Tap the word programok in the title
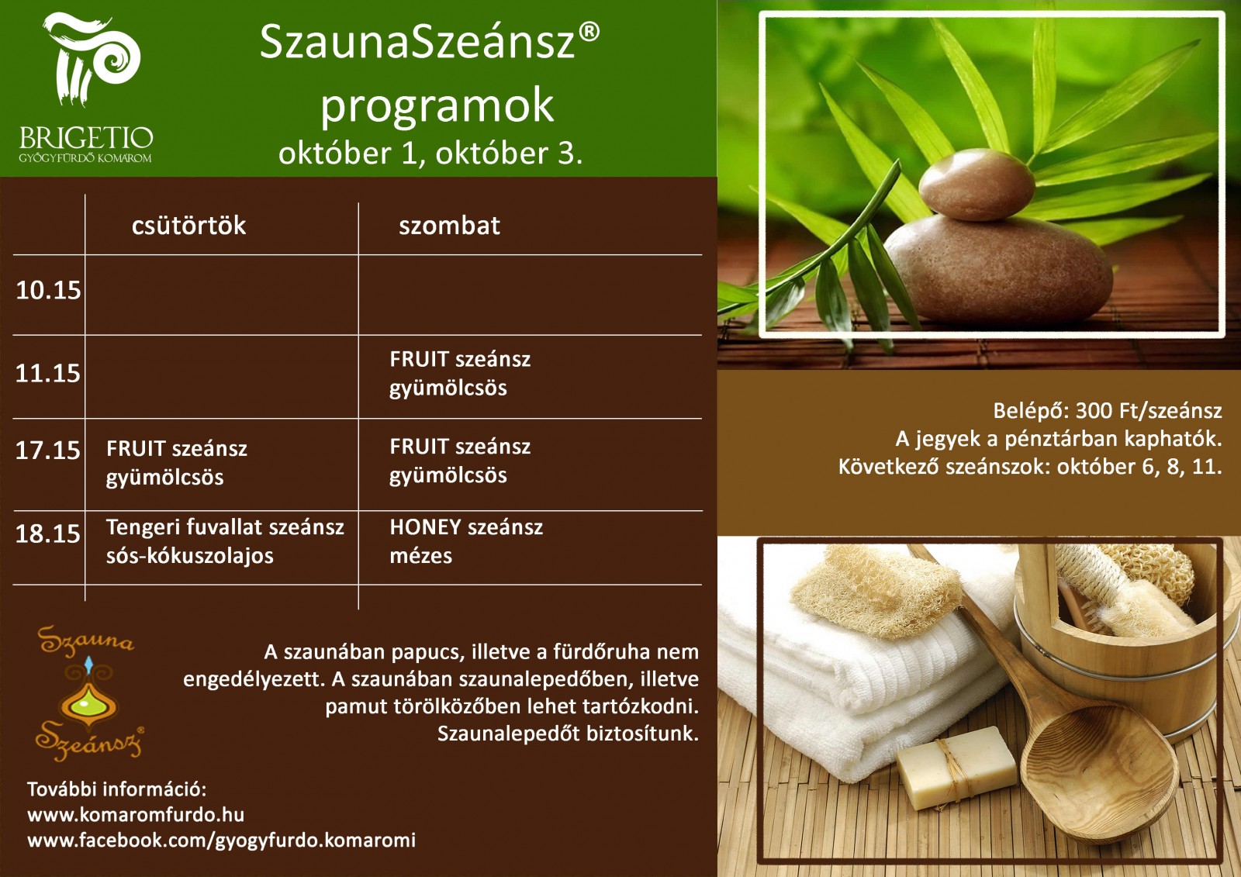(x=437, y=106)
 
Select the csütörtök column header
(x=188, y=226)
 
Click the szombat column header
(x=449, y=226)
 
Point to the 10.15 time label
(x=48, y=290)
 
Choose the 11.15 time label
(x=48, y=374)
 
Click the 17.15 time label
(x=48, y=451)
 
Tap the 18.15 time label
(x=48, y=533)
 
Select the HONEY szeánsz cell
(x=466, y=541)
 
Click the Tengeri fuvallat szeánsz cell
(x=225, y=541)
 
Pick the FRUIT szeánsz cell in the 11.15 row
(x=460, y=374)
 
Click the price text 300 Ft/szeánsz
(x=1149, y=410)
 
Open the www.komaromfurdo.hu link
(x=136, y=815)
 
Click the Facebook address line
(x=222, y=841)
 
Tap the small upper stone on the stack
(x=977, y=185)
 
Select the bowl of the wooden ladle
(x=1099, y=769)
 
